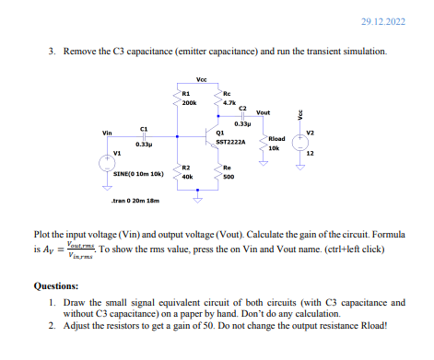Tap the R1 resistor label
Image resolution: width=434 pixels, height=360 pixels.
[x=185, y=94]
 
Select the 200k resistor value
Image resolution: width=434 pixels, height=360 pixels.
[x=188, y=104]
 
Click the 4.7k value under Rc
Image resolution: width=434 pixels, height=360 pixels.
[x=230, y=104]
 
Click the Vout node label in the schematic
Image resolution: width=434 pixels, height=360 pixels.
[x=264, y=112]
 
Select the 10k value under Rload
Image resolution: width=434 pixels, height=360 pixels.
[x=274, y=147]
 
